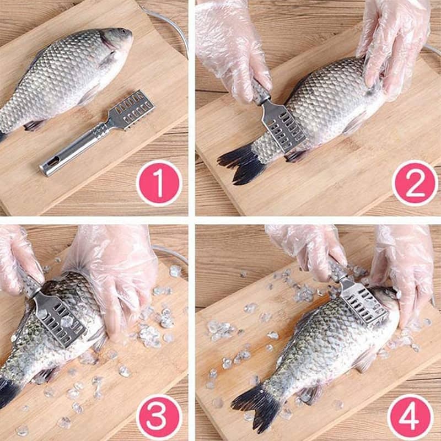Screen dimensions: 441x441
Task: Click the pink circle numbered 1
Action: [159, 183]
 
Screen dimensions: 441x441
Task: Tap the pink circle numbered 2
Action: [415, 183]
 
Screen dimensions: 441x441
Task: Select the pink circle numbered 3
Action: [159, 417]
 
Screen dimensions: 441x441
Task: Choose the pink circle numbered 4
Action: [410, 417]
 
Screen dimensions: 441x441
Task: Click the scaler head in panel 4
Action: [363, 304]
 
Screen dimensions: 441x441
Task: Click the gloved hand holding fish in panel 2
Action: [394, 45]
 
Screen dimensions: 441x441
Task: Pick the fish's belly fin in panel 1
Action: [35, 125]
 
